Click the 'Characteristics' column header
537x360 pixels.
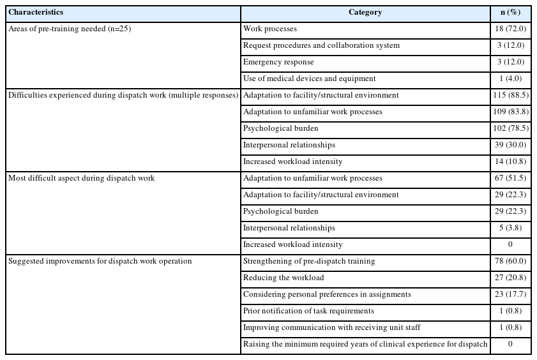click(x=36, y=13)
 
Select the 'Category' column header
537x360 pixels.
click(x=365, y=13)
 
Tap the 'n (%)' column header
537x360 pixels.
click(x=510, y=13)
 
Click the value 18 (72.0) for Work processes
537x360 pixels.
click(x=510, y=29)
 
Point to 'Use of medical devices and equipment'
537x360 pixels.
click(x=310, y=79)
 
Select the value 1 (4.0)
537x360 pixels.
click(x=510, y=79)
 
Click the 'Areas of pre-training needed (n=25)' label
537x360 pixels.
click(x=70, y=29)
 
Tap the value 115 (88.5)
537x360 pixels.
click(x=510, y=96)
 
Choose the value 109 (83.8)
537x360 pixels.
click(x=510, y=112)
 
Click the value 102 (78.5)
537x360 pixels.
click(x=510, y=129)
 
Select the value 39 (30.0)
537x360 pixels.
click(x=510, y=146)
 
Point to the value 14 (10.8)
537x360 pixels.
click(x=510, y=162)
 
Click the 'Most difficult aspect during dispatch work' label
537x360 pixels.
click(x=82, y=179)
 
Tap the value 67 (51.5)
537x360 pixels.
click(x=510, y=179)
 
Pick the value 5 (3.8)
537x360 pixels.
click(x=510, y=229)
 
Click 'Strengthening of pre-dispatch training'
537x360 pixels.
click(x=309, y=262)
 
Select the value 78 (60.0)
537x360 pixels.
click(x=510, y=262)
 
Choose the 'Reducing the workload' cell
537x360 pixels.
click(x=284, y=278)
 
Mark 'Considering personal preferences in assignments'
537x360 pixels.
click(x=327, y=295)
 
